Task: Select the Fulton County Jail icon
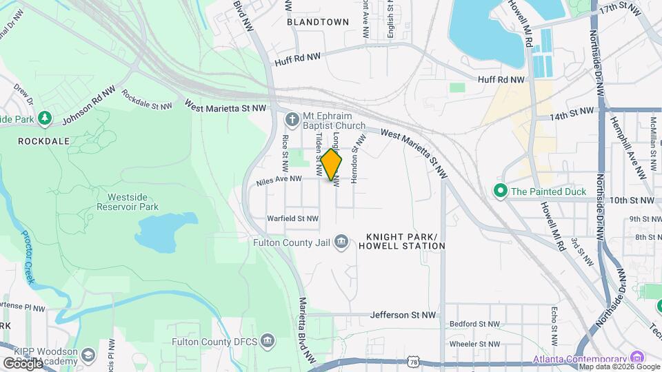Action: tap(341, 241)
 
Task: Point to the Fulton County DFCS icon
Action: tap(268, 340)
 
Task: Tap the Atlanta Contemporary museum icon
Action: tap(636, 358)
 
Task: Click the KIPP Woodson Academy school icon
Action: tap(88, 355)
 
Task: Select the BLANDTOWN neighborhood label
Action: tap(318, 21)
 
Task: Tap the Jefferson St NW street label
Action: tap(403, 315)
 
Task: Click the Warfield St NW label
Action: tap(293, 218)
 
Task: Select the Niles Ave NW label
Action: tap(279, 179)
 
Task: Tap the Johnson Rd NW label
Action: tap(88, 107)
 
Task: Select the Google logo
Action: tap(22, 362)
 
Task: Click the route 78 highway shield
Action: tap(412, 361)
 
